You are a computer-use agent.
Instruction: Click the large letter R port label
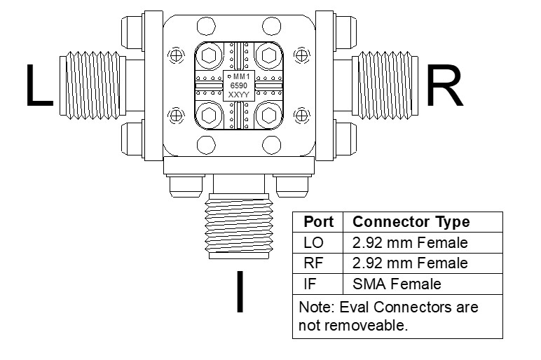coord(444,85)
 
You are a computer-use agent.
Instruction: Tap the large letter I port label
coord(240,292)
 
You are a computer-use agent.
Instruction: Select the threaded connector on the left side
coord(93,85)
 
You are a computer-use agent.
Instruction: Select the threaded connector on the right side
coord(385,85)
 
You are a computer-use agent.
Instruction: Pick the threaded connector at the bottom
coord(239,226)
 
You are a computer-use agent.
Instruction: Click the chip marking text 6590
coord(239,85)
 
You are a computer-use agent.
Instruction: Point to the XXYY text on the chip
coord(238,95)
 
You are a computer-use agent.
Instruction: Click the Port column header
coord(318,222)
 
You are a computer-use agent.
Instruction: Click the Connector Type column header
coord(411,222)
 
